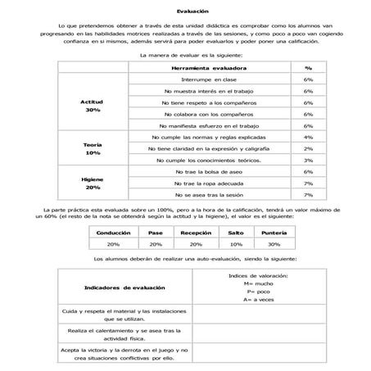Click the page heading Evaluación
pos(186,11)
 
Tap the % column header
pos(308,68)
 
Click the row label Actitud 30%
pos(92,105)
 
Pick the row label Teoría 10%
pos(92,148)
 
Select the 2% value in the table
pos(308,148)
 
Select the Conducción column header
pos(113,233)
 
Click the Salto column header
pos(235,233)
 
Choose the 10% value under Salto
pos(235,244)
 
